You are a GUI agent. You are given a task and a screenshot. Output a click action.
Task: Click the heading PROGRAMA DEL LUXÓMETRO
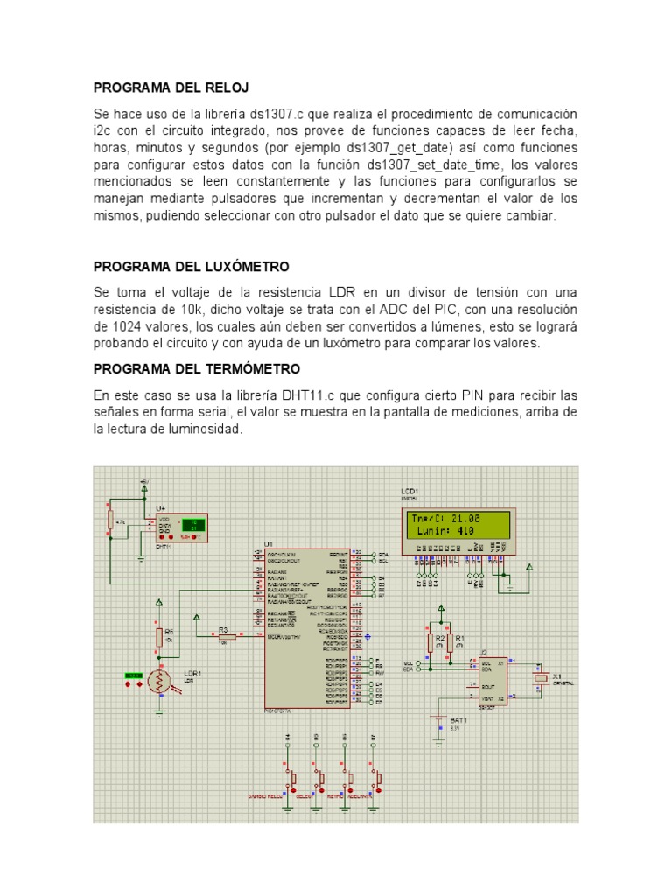[191, 266]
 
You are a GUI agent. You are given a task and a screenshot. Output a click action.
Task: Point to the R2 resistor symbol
[430, 643]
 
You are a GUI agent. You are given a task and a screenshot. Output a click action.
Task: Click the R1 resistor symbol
[450, 643]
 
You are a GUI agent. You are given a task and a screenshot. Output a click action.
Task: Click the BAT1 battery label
[458, 719]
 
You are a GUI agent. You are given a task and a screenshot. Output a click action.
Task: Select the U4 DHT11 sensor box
[180, 525]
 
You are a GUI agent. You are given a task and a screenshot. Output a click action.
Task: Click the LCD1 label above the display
[409, 492]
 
